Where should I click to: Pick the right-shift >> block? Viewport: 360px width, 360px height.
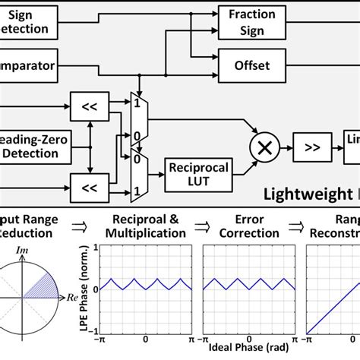(313, 147)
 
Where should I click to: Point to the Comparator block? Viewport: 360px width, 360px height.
(27, 65)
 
